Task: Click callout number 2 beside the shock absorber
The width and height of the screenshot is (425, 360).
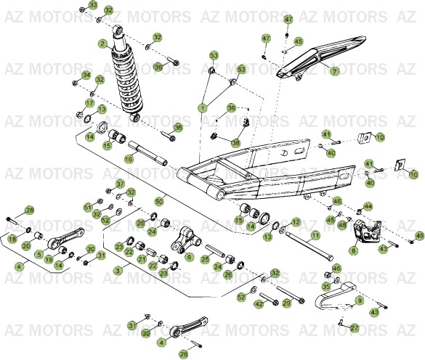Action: coord(103,44)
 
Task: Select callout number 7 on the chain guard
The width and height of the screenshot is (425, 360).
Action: coord(334,72)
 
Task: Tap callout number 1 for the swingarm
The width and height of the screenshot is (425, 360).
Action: coord(202,107)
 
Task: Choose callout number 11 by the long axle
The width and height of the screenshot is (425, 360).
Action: coord(315,236)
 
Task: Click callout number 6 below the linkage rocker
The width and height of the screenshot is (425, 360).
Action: coord(189,257)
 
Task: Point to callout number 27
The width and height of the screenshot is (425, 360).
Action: coord(354,328)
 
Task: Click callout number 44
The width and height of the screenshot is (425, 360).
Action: coord(368,207)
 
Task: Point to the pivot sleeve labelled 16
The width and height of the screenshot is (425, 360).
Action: coord(148,157)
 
